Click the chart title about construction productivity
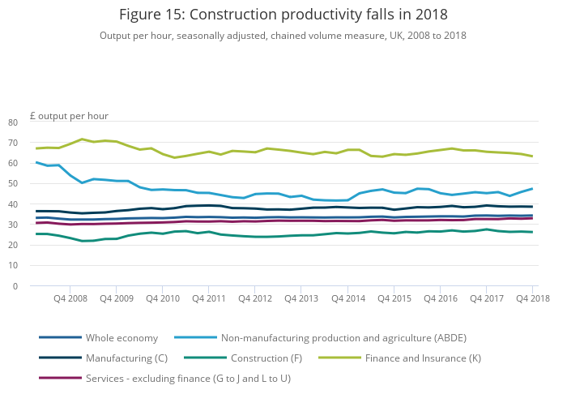point(283,15)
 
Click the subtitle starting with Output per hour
point(283,36)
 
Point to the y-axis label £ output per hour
point(69,116)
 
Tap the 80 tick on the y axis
point(35,122)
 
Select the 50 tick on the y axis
point(35,184)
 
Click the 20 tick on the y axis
point(35,246)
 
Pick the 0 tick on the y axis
point(37,286)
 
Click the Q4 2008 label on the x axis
point(70,299)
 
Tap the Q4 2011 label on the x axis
point(209,299)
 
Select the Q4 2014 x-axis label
point(347,299)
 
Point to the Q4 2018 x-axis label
point(531,299)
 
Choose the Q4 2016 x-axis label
point(440,299)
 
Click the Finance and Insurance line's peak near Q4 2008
point(82,139)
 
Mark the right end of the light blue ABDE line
point(532,188)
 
